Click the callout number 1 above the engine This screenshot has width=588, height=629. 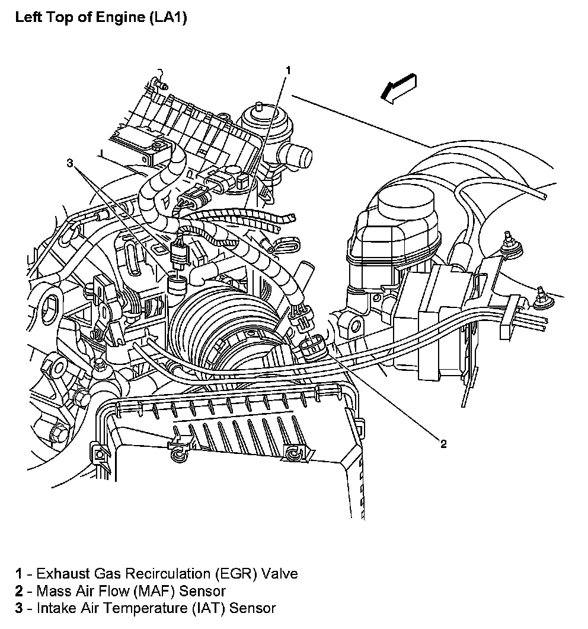[x=288, y=71]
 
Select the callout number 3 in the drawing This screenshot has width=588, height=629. [x=70, y=163]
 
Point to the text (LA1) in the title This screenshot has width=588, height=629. [x=167, y=18]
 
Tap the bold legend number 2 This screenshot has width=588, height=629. [x=20, y=591]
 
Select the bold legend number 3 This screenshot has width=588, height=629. [x=20, y=608]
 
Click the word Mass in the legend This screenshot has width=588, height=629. [x=52, y=591]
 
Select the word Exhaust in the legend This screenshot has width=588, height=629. [x=60, y=574]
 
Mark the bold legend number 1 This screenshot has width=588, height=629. [x=20, y=574]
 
